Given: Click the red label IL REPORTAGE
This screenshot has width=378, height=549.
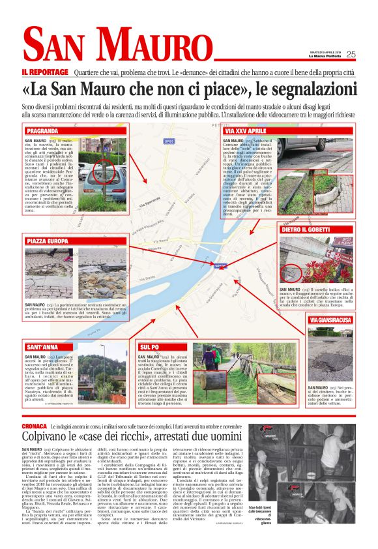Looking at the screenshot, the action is click(45, 71).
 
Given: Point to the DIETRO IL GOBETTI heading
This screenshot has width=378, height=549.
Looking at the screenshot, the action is click(311, 230).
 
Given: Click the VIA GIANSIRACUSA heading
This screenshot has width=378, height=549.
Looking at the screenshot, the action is click(330, 319).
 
